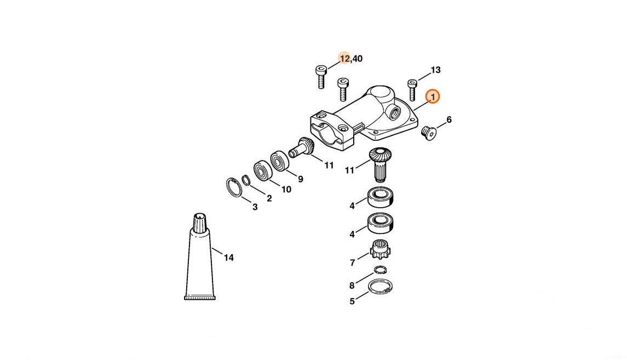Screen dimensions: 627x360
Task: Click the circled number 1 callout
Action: (x=432, y=97)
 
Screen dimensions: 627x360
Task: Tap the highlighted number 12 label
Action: (x=344, y=59)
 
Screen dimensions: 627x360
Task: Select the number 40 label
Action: (x=358, y=59)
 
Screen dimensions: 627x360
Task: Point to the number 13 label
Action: (x=435, y=70)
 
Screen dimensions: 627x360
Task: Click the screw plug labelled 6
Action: (x=428, y=133)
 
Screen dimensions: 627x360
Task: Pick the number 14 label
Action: (x=229, y=258)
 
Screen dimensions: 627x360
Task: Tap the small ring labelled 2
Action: (x=246, y=180)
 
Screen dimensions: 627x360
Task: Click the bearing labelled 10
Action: (x=263, y=170)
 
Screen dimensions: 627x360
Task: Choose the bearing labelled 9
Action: (x=279, y=161)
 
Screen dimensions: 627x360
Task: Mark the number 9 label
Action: (x=300, y=179)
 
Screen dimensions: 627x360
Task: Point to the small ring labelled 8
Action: (x=380, y=270)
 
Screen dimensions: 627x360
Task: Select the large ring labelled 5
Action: (x=380, y=287)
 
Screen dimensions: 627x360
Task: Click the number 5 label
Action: (x=352, y=301)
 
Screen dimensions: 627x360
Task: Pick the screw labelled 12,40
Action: (x=321, y=77)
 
